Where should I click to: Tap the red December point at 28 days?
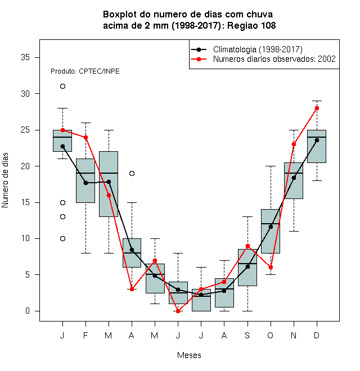tap(317, 108)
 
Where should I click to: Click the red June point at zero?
tap(178, 311)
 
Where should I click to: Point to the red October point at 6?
tap(271, 268)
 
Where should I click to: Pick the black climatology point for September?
tap(247, 266)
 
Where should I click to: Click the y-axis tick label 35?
tap(25, 57)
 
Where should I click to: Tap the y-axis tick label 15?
tap(25, 202)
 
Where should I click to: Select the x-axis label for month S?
tap(247, 335)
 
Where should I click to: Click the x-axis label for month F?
tap(85, 335)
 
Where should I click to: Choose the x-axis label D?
tap(317, 335)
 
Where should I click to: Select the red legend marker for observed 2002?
tap(199, 59)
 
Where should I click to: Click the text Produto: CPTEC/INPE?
tap(85, 71)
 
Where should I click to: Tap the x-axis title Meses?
tap(189, 355)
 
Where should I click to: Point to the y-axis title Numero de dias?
tap(5, 180)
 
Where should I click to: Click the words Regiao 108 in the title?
tap(251, 25)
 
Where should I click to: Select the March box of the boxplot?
tap(109, 184)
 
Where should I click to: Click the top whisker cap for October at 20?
tap(271, 166)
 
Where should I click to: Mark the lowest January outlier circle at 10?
tap(62, 238)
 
